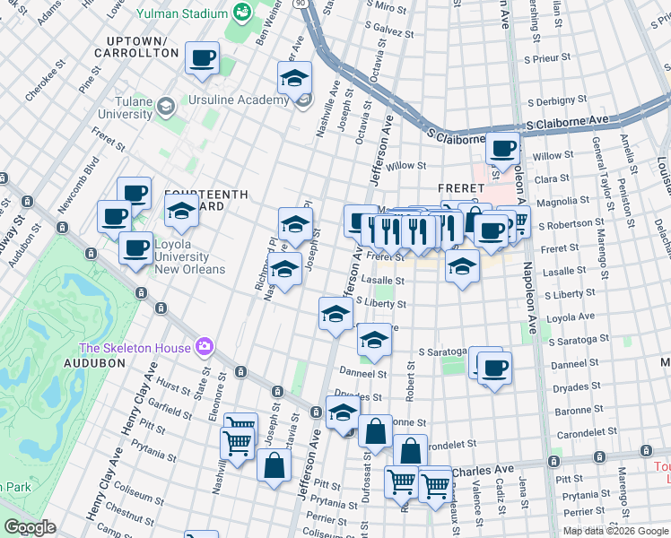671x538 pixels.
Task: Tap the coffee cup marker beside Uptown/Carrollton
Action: [x=202, y=58]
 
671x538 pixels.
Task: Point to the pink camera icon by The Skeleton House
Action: [x=205, y=347]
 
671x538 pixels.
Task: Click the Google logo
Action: [x=30, y=527]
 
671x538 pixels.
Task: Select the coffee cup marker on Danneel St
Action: [x=492, y=367]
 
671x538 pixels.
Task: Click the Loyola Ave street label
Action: [x=574, y=317]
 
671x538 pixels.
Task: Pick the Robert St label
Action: [x=410, y=386]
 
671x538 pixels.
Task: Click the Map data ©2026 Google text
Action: [x=614, y=531]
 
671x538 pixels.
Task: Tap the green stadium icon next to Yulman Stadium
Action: [x=241, y=12]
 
